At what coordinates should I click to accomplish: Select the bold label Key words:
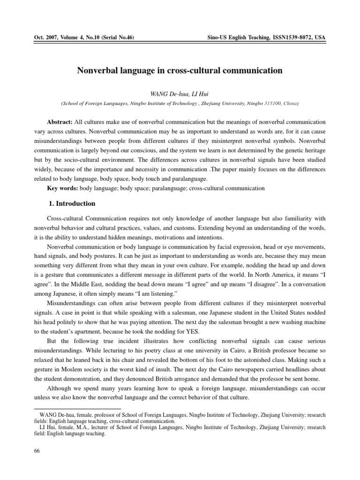point(63,188)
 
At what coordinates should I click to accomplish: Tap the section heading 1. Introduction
point(72,204)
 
